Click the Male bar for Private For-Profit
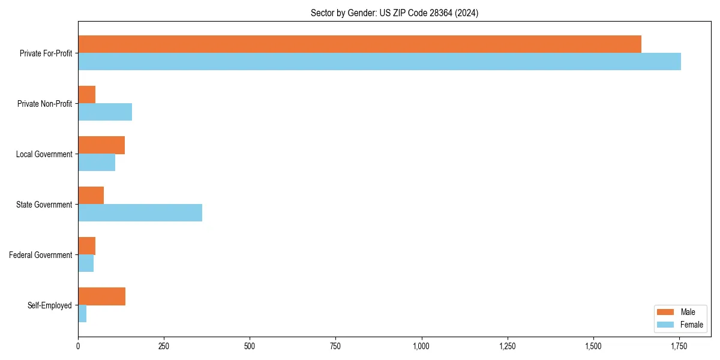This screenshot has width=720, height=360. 359,44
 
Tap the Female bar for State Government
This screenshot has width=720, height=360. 140,213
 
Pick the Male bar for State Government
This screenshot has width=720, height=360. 91,196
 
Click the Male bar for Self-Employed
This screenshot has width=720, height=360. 101,296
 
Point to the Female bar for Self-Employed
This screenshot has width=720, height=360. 82,314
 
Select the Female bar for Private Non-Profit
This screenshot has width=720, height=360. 105,112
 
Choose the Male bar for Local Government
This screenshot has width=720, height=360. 101,145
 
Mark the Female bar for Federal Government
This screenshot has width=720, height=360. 86,263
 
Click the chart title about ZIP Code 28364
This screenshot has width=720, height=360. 394,13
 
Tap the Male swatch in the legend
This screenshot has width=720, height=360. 665,312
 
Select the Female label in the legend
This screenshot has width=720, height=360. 692,325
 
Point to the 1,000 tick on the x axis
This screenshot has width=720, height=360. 421,346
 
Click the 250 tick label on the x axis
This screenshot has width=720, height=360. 164,346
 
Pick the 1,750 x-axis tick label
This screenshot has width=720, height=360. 679,346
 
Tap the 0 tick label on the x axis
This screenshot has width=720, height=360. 78,346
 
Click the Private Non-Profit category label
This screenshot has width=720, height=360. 44,104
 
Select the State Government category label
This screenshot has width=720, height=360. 44,205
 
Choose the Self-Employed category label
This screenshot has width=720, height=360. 49,305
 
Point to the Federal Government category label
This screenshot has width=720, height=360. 41,255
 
